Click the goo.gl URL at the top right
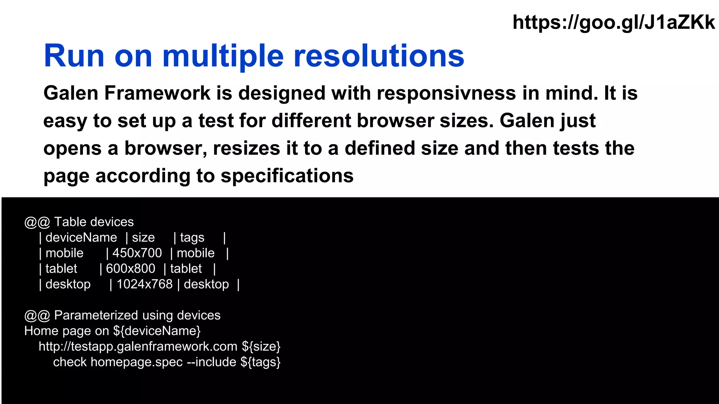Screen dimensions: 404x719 point(613,22)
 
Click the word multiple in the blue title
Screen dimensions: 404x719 point(223,56)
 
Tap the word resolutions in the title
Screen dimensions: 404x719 point(379,56)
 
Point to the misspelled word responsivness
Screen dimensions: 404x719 point(446,93)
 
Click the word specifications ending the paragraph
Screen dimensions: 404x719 point(287,176)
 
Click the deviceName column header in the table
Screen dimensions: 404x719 point(81,238)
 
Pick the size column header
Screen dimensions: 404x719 point(143,238)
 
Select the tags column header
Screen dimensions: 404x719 point(192,238)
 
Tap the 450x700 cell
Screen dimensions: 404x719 point(137,253)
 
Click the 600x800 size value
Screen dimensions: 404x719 point(130,269)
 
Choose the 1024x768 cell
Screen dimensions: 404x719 point(144,284)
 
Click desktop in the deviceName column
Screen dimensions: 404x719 point(68,284)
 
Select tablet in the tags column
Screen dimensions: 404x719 point(186,269)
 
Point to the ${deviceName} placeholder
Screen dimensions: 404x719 point(157,331)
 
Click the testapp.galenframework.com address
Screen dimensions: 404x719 point(138,346)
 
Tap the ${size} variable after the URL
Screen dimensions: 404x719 point(261,346)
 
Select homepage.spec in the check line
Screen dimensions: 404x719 point(137,362)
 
